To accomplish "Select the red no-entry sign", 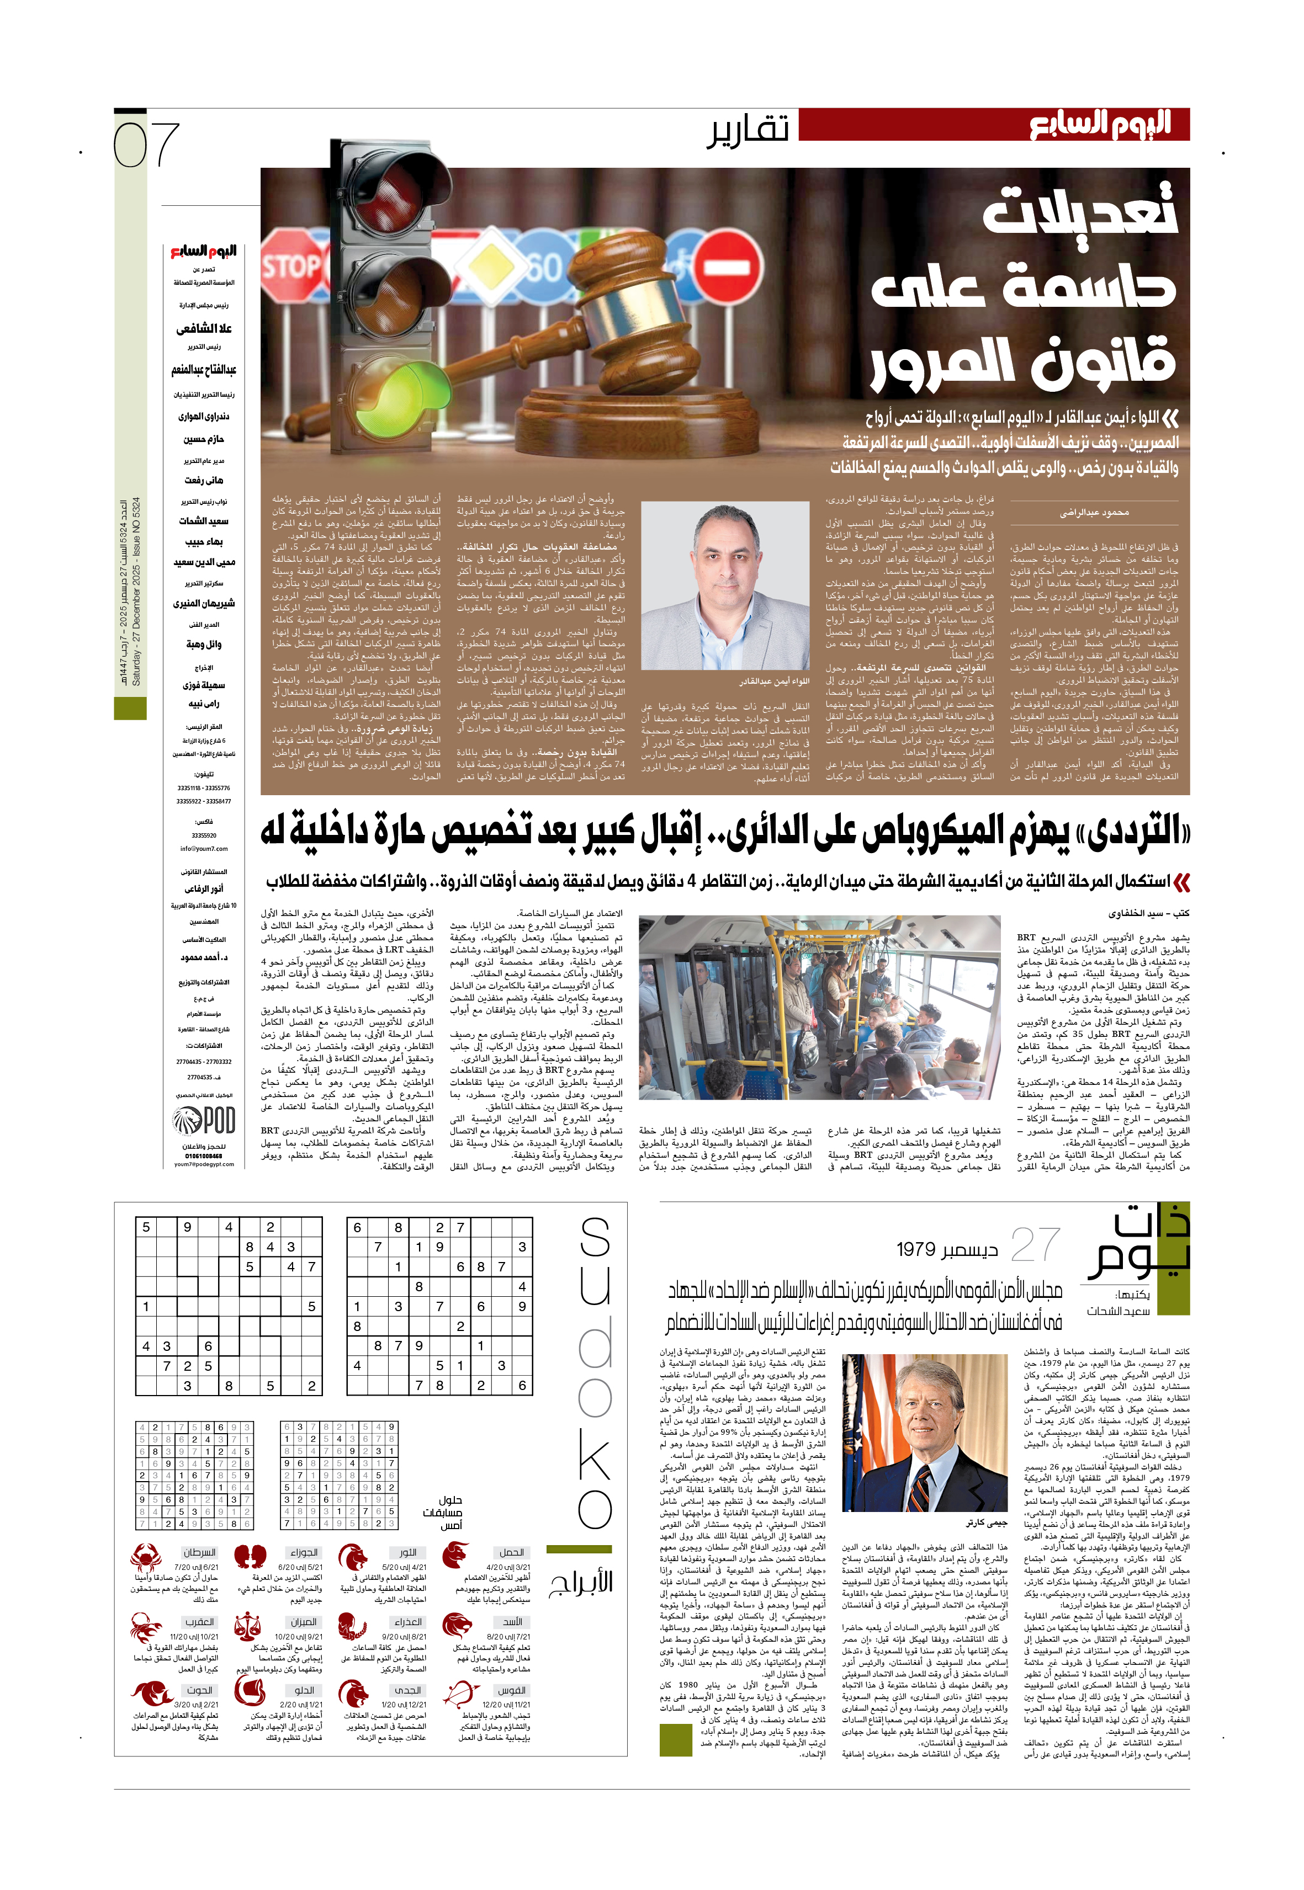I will pos(732,268).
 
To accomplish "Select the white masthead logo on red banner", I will pos(1099,125).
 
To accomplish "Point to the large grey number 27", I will pos(1035,1247).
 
